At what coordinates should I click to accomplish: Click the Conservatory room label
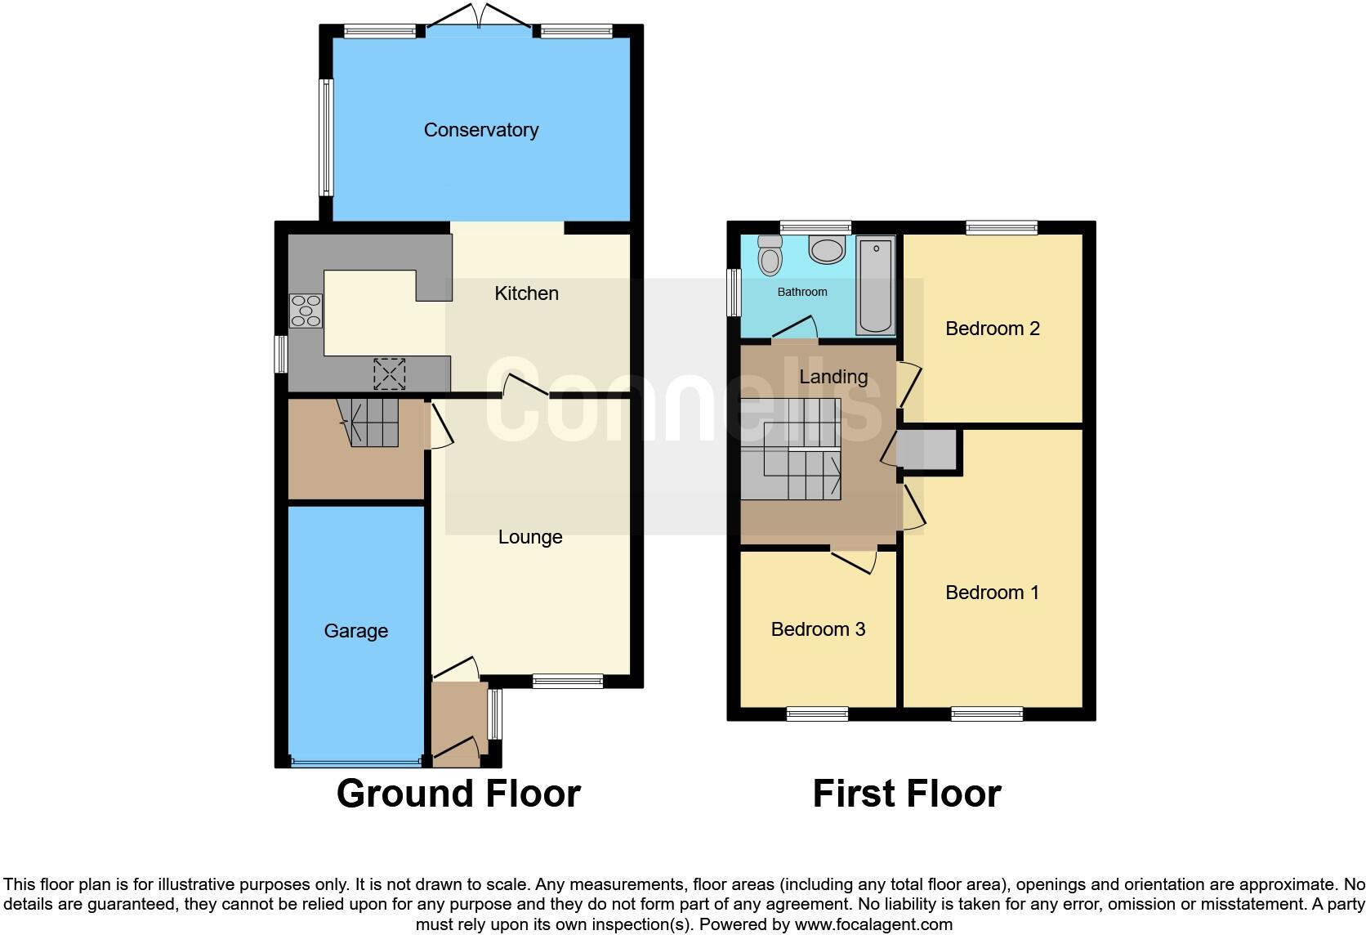[x=480, y=130]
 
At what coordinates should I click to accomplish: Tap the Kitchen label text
[x=526, y=293]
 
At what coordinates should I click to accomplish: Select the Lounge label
[x=530, y=537]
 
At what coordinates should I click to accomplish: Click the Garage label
[x=355, y=631]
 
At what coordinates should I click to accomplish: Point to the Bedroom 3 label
[x=818, y=629]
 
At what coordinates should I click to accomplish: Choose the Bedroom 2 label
[x=992, y=329]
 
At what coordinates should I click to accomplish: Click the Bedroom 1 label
[x=992, y=593]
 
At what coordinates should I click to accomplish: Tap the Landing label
[x=833, y=377]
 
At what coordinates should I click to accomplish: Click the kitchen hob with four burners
[x=306, y=311]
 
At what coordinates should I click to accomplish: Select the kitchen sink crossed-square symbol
[x=389, y=374]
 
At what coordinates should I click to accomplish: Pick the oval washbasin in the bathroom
[x=827, y=249]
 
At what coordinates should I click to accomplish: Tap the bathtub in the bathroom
[x=875, y=285]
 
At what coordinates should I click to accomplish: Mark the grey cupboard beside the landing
[x=928, y=450]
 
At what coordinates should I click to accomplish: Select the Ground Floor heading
[x=458, y=794]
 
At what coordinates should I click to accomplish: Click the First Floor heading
[x=906, y=794]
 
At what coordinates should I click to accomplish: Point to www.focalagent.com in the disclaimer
[x=873, y=924]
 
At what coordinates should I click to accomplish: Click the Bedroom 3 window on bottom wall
[x=817, y=714]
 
